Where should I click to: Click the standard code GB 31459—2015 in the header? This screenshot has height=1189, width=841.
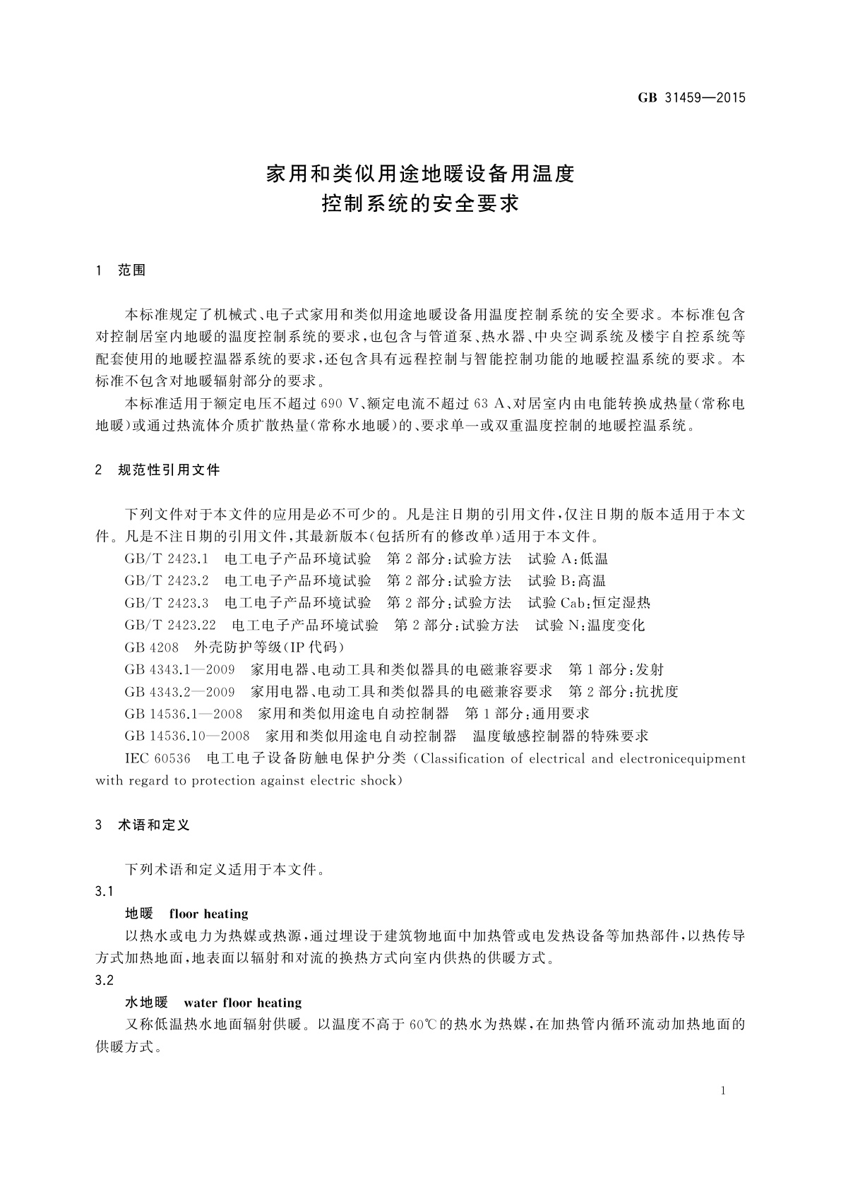pyautogui.click(x=691, y=98)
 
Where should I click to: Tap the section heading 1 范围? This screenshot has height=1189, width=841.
pyautogui.click(x=121, y=270)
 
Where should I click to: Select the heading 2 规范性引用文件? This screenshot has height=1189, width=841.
pyautogui.click(x=157, y=470)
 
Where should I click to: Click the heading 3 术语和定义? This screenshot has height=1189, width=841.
pyautogui.click(x=143, y=825)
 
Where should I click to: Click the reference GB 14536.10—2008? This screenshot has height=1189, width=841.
pyautogui.click(x=187, y=736)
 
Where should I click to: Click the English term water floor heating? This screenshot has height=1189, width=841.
pyautogui.click(x=242, y=1003)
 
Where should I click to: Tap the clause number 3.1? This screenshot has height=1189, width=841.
pyautogui.click(x=105, y=892)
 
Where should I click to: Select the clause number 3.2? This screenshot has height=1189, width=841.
pyautogui.click(x=105, y=981)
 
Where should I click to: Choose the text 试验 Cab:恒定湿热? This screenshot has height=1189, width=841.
pyautogui.click(x=589, y=603)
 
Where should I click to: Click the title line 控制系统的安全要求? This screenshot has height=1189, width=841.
pyautogui.click(x=420, y=205)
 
